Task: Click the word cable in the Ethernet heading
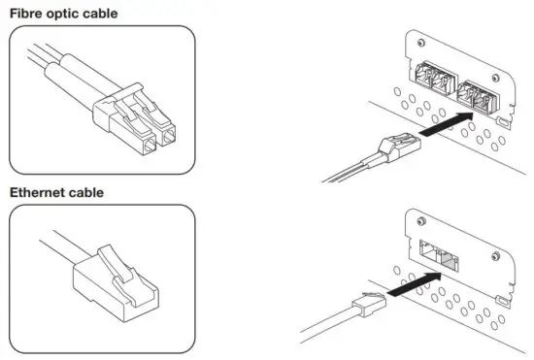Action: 104,192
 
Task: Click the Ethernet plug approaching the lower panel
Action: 370,302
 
